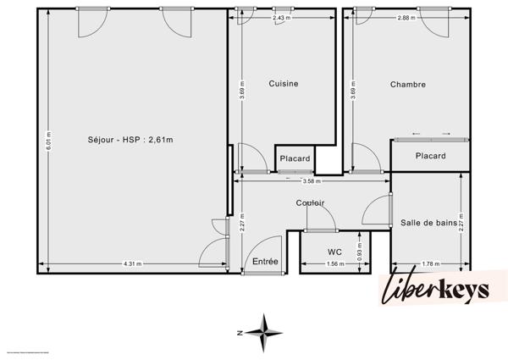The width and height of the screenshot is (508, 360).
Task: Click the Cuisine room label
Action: pyautogui.click(x=284, y=84)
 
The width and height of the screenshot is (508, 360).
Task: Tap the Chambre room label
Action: pyautogui.click(x=407, y=85)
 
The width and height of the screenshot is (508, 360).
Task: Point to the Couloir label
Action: pyautogui.click(x=311, y=202)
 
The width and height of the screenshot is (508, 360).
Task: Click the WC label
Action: pyautogui.click(x=334, y=252)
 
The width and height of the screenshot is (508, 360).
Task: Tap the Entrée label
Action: pyautogui.click(x=265, y=263)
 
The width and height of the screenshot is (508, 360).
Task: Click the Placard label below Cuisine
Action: pyautogui.click(x=295, y=158)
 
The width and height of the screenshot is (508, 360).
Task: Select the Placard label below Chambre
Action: pyautogui.click(x=430, y=156)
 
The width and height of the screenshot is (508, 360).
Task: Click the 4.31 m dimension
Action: pyautogui.click(x=132, y=264)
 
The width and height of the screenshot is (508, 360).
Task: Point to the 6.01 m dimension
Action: pyautogui.click(x=49, y=140)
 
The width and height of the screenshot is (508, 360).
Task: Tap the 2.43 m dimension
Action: pyautogui.click(x=280, y=18)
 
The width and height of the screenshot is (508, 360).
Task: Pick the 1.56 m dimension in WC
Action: pyautogui.click(x=335, y=264)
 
